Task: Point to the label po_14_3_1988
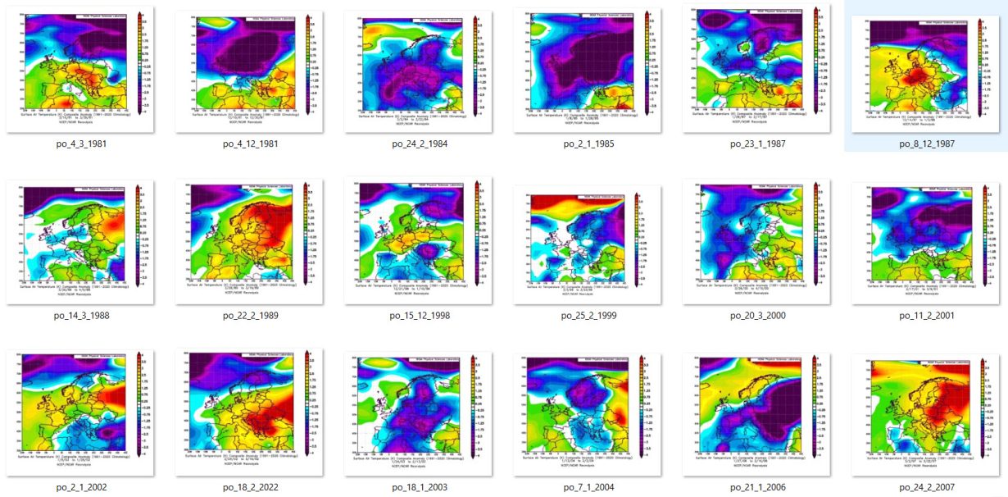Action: click(x=79, y=316)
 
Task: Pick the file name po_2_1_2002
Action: click(x=79, y=487)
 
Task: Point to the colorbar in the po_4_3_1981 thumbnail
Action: click(x=141, y=62)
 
